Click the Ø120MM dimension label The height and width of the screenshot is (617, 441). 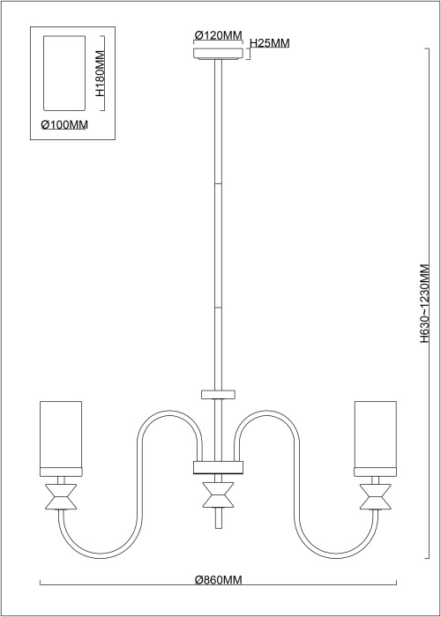point(218,35)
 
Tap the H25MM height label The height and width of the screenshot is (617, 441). point(270,43)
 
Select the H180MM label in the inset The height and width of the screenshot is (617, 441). point(100,73)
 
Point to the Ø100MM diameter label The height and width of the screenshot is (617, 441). point(64,125)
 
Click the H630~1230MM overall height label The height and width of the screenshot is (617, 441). point(424,303)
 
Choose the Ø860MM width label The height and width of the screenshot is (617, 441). point(218,580)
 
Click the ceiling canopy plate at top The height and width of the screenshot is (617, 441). point(218,54)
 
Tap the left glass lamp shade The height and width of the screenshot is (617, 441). point(61,435)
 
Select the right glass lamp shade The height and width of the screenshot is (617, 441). point(375,435)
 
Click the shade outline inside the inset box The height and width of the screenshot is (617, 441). point(64,73)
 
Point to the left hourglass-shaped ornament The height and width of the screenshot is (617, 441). point(61,496)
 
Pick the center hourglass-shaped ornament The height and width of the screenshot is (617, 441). point(218,494)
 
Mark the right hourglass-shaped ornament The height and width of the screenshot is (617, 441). point(375,496)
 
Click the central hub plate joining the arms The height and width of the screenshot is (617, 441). point(218,467)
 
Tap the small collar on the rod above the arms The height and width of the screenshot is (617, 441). point(218,394)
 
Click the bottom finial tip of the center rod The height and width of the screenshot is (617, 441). point(218,527)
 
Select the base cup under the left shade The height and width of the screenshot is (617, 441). point(61,472)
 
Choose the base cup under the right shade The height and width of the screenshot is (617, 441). point(375,472)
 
